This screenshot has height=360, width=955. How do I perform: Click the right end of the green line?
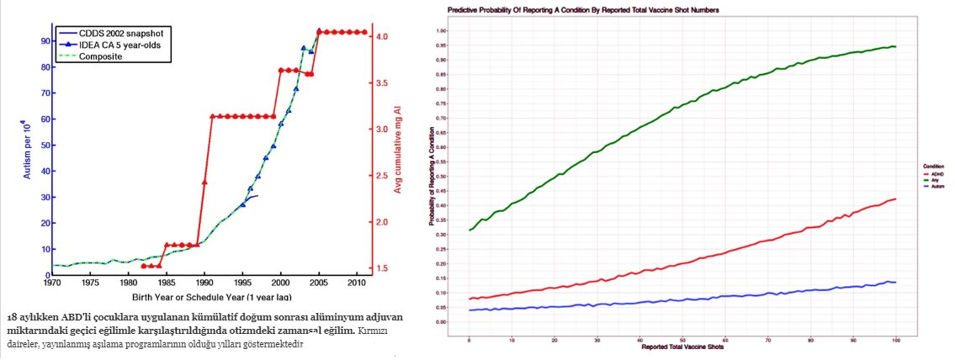[895, 47]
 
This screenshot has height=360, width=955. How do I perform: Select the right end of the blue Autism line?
[895, 282]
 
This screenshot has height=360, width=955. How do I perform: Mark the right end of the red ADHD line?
[895, 199]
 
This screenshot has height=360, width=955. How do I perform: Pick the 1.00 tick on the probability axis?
[460, 31]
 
